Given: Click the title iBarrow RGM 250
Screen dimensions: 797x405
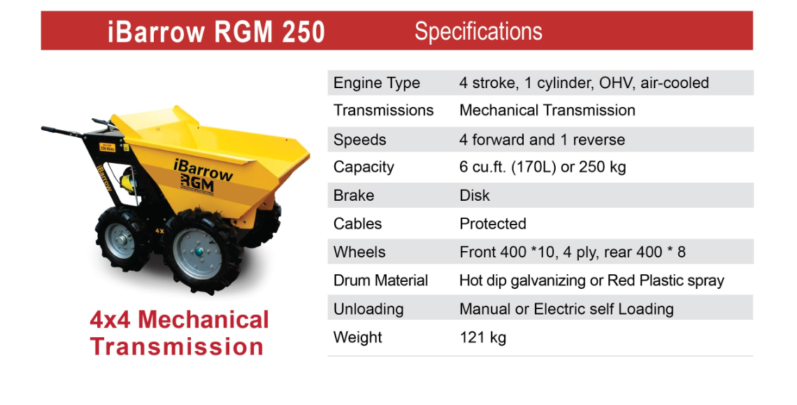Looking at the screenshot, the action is click(x=216, y=31).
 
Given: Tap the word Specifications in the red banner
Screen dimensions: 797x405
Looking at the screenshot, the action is click(x=478, y=32).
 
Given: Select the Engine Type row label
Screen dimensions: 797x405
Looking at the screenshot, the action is click(x=377, y=83).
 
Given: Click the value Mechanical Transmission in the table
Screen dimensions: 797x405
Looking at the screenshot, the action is click(x=547, y=111).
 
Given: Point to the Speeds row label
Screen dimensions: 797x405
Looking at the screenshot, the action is click(x=360, y=140).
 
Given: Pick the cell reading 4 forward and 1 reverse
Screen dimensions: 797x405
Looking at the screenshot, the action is click(x=542, y=140).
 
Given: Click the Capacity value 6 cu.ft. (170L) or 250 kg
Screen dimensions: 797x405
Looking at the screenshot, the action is click(x=543, y=167).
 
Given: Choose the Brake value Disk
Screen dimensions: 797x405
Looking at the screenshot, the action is click(x=474, y=195).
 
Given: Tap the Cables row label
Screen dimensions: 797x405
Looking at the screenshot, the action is click(x=357, y=224).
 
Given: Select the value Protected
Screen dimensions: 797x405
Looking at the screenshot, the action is click(x=493, y=224).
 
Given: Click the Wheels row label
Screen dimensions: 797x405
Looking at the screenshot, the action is click(x=359, y=252).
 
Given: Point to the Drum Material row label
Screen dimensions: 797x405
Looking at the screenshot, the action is click(x=381, y=280).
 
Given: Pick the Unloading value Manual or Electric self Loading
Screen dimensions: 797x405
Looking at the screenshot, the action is click(x=566, y=309).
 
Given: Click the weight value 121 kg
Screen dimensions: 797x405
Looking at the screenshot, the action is click(x=483, y=338).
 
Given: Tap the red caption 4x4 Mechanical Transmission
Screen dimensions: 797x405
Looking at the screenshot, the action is click(x=179, y=333).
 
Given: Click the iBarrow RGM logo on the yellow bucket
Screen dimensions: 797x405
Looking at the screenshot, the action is click(x=203, y=176).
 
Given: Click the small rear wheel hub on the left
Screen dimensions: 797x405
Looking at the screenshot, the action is click(x=120, y=239).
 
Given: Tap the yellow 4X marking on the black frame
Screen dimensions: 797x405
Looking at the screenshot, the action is click(x=159, y=231).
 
